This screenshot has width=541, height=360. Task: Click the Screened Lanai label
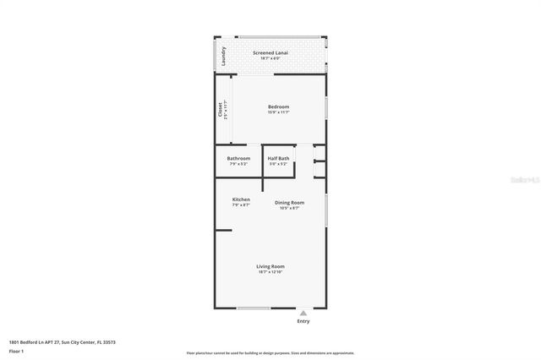tap(270, 52)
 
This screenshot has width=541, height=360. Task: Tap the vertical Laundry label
tap(223, 56)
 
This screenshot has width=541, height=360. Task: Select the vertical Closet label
tap(221, 110)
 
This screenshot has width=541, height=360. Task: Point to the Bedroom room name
tap(278, 106)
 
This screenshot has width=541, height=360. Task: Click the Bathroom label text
tap(238, 158)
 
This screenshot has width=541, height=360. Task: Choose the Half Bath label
tap(278, 158)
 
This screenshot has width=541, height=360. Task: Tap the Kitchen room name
tap(241, 199)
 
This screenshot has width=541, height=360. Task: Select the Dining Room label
tap(289, 202)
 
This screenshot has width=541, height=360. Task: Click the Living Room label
tap(270, 266)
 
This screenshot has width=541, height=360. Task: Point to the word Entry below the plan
tap(303, 321)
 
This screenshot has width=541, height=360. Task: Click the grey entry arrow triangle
tap(303, 312)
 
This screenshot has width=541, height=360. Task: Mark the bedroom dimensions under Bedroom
tap(278, 112)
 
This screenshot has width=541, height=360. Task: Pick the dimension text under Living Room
tap(270, 272)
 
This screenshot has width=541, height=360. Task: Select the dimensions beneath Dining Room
tap(289, 208)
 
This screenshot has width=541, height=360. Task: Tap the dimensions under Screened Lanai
tap(270, 58)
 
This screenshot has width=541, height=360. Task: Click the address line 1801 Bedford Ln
tap(62, 341)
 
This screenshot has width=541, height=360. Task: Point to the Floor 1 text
tap(17, 350)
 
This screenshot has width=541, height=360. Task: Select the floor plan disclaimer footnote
tap(270, 353)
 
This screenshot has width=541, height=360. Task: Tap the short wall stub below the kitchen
tap(223, 230)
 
